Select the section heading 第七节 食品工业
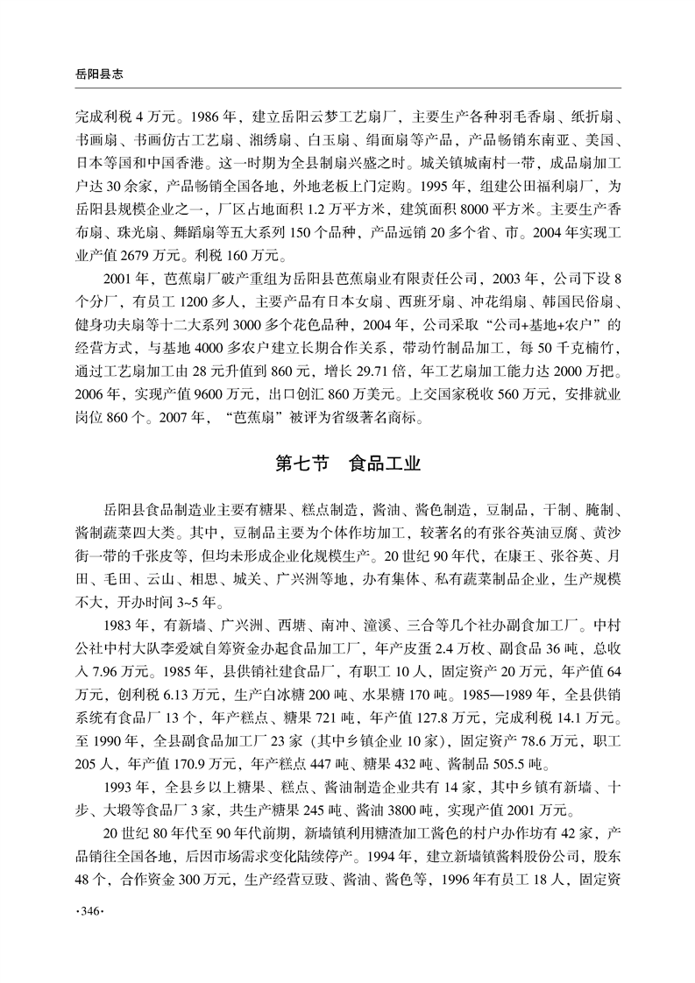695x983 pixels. (x=347, y=463)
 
